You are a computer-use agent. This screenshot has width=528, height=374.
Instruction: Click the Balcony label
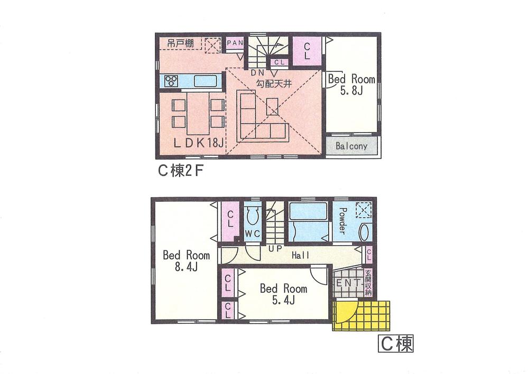coord(351,146)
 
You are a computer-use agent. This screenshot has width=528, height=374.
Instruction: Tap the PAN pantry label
coord(235,43)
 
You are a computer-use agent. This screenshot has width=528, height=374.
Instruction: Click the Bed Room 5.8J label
coord(351,85)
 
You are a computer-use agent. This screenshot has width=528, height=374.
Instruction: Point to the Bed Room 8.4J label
coord(186,260)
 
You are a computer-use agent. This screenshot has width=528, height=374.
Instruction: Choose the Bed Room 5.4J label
coord(283,294)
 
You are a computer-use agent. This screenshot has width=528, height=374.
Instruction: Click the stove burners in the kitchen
coord(171,81)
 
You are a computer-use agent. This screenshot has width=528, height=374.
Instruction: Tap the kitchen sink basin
coord(204,81)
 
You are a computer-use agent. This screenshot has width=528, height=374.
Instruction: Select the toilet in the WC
coord(252,216)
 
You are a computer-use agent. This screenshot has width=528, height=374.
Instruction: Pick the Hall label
coord(300,256)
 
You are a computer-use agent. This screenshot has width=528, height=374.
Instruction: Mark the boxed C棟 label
coord(395,345)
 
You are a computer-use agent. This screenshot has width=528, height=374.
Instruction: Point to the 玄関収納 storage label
coord(368,283)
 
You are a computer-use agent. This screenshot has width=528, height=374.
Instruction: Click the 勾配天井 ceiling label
coord(274,84)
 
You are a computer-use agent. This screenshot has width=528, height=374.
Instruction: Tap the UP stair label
coord(275,248)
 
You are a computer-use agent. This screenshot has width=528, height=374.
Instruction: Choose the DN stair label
coord(258,72)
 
